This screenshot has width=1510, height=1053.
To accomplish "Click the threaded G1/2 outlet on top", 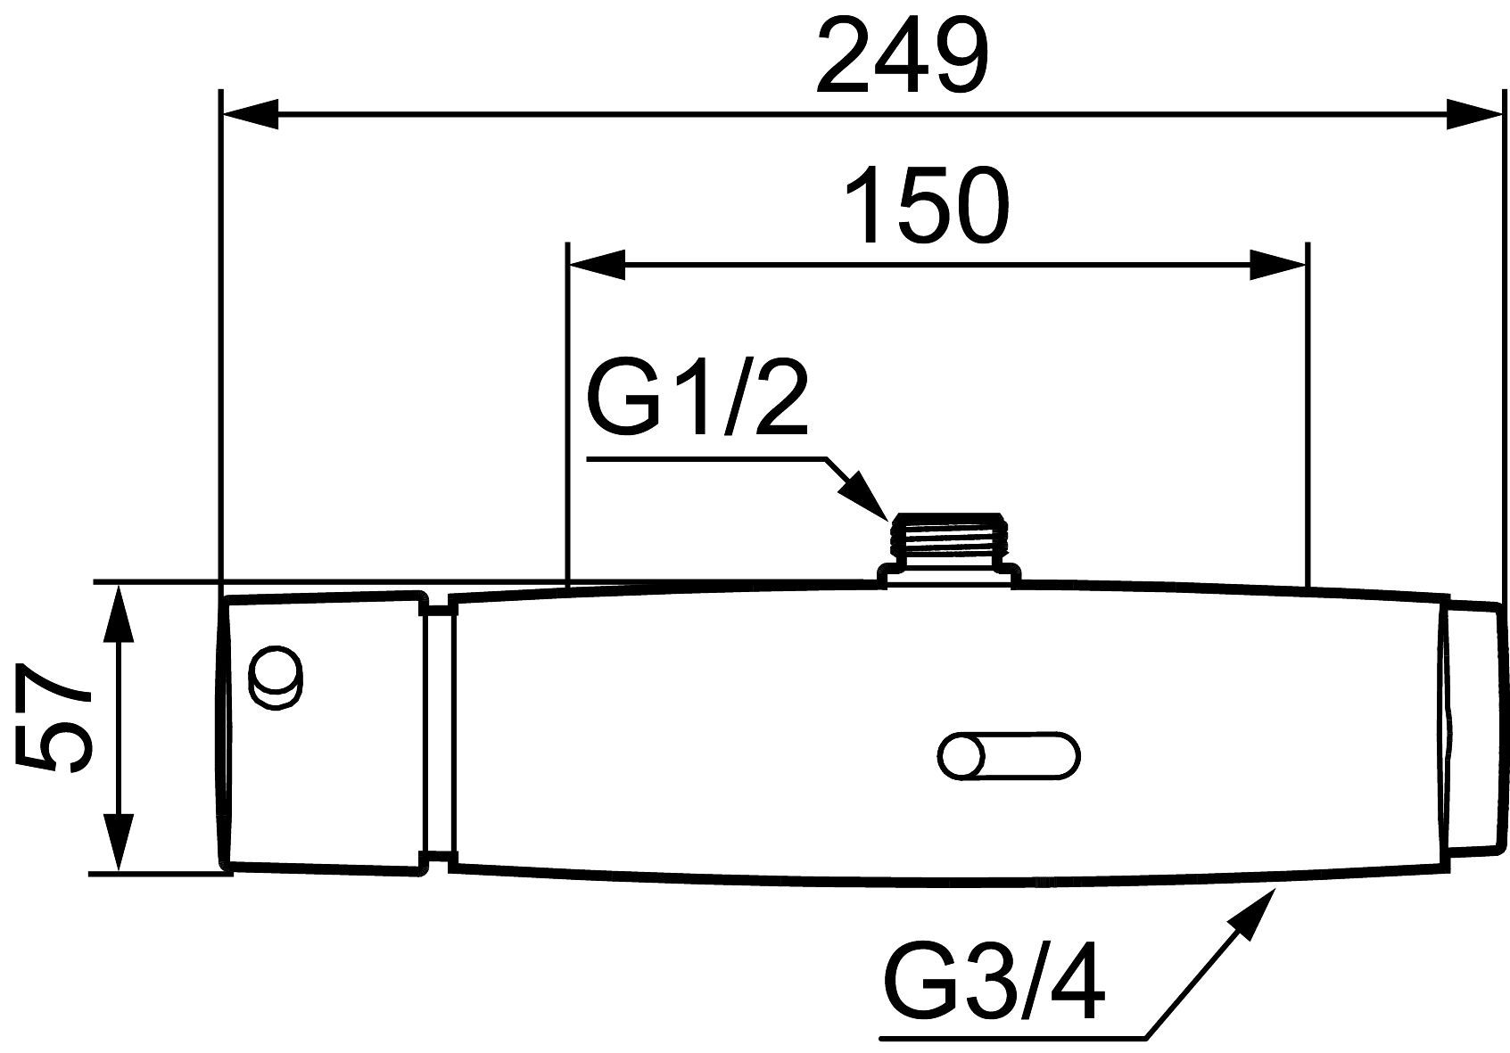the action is [x=949, y=550].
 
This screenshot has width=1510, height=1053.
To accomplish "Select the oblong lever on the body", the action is [x=1009, y=756].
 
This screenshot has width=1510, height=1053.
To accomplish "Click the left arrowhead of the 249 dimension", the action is [x=250, y=113].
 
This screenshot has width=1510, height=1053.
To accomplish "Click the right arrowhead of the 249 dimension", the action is [x=1474, y=113].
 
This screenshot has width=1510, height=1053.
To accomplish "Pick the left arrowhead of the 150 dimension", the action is [x=598, y=265].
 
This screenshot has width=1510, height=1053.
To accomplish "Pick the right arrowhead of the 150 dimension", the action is [x=1279, y=265].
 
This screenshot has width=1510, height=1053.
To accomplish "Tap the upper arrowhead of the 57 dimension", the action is [x=119, y=614].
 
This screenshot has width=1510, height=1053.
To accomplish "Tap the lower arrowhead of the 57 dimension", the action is [x=119, y=843].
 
